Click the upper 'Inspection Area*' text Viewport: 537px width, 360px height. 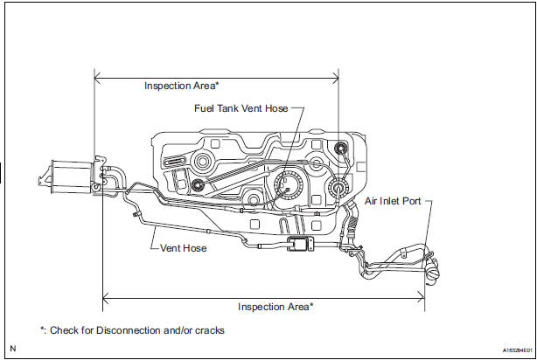[181, 86]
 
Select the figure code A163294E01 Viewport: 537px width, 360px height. [507, 348]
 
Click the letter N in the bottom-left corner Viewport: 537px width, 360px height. [12, 348]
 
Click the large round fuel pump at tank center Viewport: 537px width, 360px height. [286, 186]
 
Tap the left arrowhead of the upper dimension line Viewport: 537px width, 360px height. [97, 80]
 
